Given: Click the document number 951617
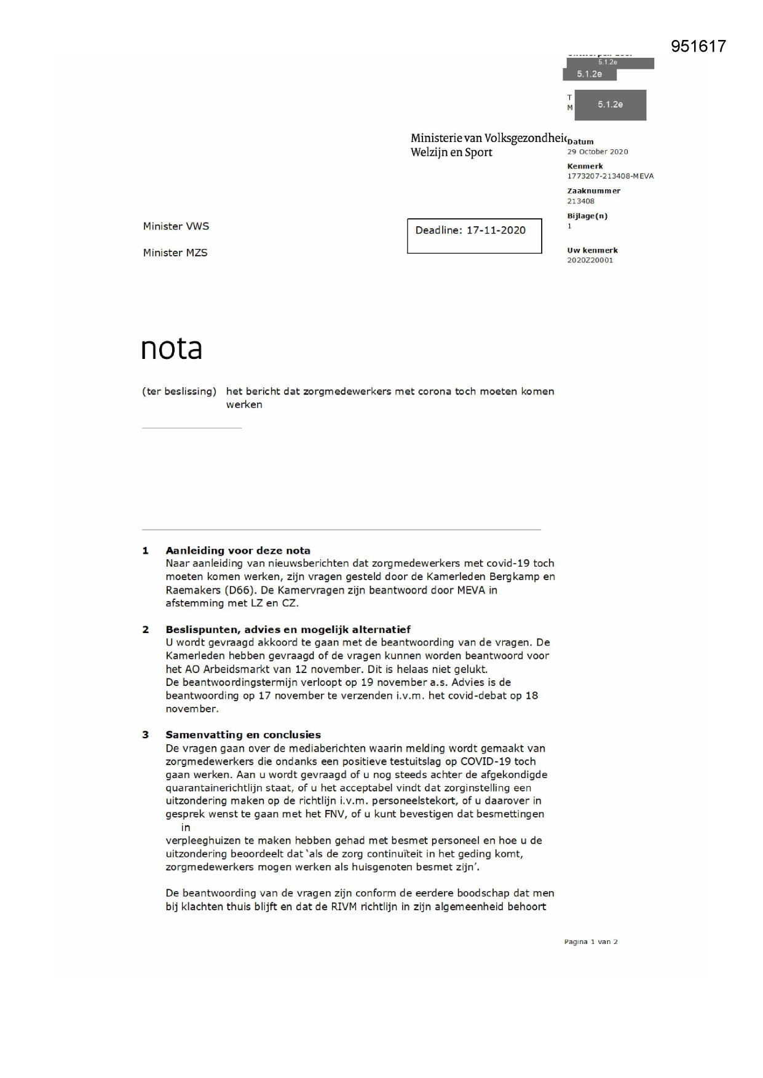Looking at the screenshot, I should point(698,46).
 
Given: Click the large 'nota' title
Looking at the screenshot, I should point(172,348).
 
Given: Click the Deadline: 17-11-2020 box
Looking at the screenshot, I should point(474,235).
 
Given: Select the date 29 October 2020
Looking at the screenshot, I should point(597,152).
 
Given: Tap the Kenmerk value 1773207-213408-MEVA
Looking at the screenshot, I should point(610,176).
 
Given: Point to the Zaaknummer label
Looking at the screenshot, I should point(593,191).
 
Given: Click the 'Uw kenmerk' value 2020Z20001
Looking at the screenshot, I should point(590,261).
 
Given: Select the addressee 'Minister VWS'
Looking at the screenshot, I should point(176,226).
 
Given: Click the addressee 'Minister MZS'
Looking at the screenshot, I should point(175,253).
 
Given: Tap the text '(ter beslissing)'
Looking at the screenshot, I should point(179,391).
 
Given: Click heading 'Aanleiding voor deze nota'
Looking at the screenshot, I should point(237,551).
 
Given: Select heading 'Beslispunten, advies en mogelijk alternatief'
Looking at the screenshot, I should point(288,629).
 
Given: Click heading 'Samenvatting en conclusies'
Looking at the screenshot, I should point(243,735).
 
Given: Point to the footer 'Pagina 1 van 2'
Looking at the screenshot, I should point(590,942).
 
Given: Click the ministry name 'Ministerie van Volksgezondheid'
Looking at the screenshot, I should point(487,138).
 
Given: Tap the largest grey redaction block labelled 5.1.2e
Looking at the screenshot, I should point(610,105).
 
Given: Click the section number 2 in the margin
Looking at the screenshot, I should point(146,629).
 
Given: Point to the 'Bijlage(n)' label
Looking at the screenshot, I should point(587,216).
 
